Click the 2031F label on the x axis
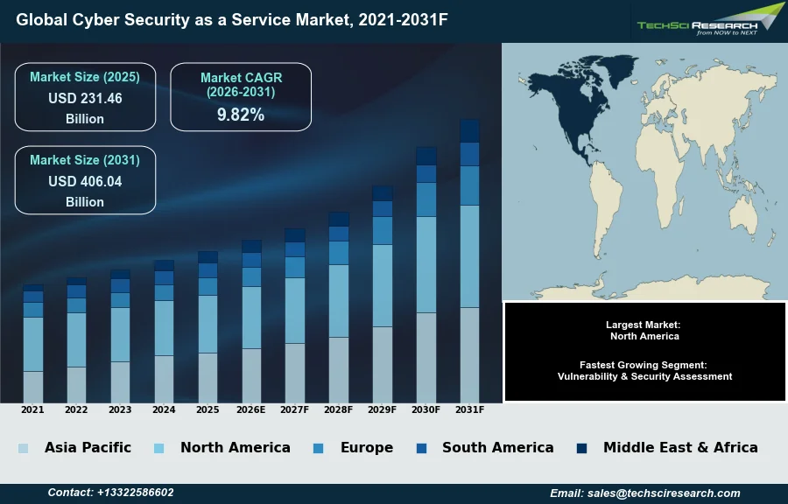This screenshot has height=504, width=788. [x=469, y=409]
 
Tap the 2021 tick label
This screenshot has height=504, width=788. [x=32, y=409]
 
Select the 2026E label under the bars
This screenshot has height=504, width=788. [x=251, y=409]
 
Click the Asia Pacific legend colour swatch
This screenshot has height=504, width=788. [x=23, y=449]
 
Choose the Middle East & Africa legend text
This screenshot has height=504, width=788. [x=680, y=448]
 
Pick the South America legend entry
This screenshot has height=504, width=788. [x=497, y=448]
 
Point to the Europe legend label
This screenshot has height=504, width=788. [x=366, y=448]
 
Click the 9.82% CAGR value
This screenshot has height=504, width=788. [x=241, y=115]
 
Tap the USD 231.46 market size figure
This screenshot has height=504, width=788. [x=85, y=99]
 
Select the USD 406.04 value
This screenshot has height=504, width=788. [x=85, y=182]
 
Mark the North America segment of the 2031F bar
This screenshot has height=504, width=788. [x=469, y=255]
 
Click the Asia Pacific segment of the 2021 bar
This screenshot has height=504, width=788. [x=33, y=387]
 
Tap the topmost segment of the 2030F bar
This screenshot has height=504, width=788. [x=426, y=156]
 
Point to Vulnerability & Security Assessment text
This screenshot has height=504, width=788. [x=644, y=376]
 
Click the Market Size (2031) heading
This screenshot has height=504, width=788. [x=85, y=160]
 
